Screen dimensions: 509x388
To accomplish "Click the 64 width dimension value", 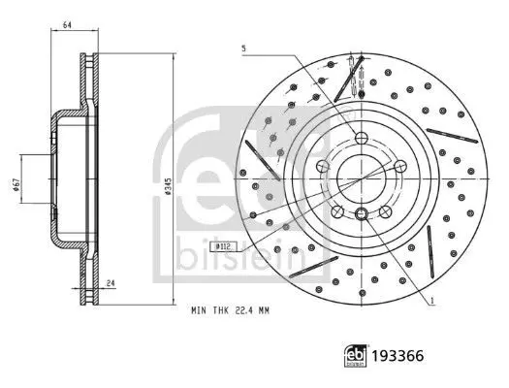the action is (x=67, y=24).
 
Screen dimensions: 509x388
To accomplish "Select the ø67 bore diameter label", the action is (x=16, y=184).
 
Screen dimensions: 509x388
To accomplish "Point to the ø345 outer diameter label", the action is (x=167, y=186).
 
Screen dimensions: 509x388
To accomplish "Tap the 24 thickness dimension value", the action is (x=111, y=283).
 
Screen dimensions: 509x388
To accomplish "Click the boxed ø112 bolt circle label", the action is (x=223, y=246).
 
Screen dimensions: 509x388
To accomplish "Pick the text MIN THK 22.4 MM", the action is (x=230, y=310).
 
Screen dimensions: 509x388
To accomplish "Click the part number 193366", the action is (x=398, y=356).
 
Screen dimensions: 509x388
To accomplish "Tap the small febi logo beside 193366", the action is (x=355, y=356).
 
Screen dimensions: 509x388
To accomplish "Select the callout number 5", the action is (x=243, y=48).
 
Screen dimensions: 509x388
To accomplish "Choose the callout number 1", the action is (x=432, y=301).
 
